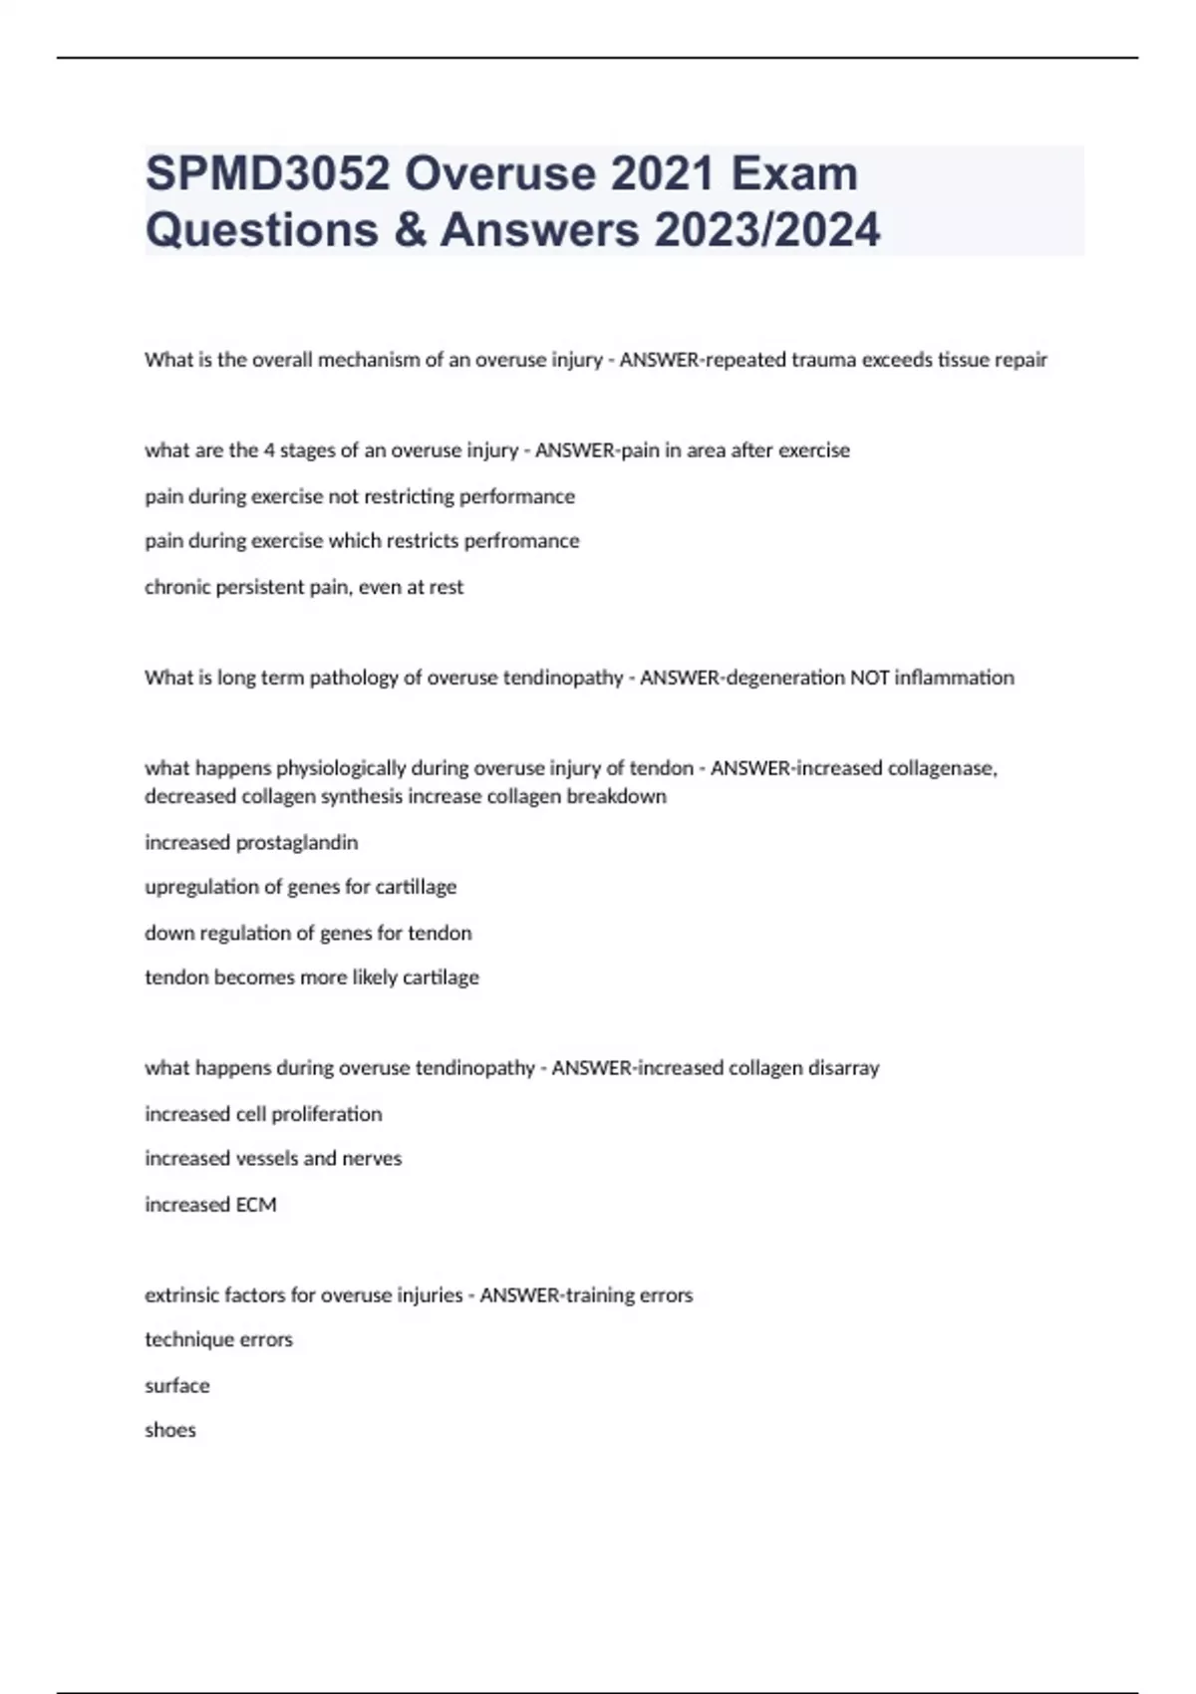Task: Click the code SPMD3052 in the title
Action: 267,174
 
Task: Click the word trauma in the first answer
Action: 824,360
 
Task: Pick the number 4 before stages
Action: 269,450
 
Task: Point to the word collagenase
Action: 940,768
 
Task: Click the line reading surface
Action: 177,1386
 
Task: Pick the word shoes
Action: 170,1430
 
